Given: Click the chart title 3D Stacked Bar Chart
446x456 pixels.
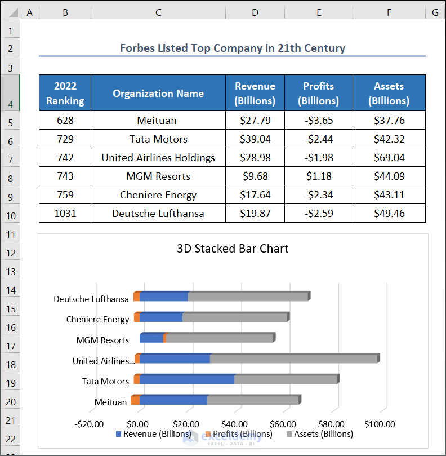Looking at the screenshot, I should click(x=233, y=249).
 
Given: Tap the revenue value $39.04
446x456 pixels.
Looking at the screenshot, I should click(x=255, y=139).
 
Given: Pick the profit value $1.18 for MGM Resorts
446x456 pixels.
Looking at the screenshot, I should click(x=318, y=176).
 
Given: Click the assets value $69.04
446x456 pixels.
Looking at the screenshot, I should click(x=389, y=158).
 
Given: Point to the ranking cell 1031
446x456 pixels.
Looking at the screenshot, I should click(x=65, y=214).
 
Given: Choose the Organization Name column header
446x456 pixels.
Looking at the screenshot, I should click(x=158, y=94).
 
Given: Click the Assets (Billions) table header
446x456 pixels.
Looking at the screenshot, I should click(x=389, y=94).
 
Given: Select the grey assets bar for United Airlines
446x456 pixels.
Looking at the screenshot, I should click(x=293, y=358).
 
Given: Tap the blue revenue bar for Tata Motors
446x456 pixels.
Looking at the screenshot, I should click(x=187, y=380).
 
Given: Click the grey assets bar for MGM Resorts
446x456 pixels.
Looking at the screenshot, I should click(x=220, y=338).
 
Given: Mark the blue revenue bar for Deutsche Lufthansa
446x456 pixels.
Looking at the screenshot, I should click(x=163, y=296).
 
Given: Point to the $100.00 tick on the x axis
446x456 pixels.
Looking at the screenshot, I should click(x=380, y=424).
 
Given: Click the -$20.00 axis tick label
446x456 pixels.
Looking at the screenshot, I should click(x=90, y=424).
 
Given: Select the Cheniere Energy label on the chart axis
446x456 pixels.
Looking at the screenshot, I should click(x=97, y=319).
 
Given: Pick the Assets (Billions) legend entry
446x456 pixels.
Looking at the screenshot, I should click(x=320, y=434).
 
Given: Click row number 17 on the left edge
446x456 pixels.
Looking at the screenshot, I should click(x=11, y=346).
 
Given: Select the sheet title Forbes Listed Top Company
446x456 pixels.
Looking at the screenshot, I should click(x=232, y=48).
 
